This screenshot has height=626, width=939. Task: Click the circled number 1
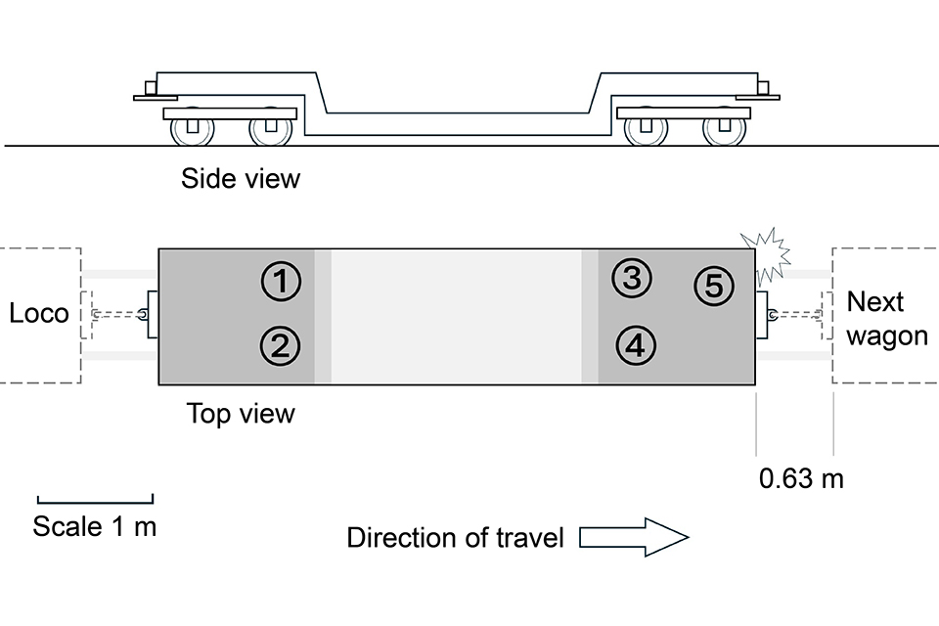coord(280,283)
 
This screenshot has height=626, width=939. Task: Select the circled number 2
coord(280,345)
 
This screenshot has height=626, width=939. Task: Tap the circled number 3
coord(632,279)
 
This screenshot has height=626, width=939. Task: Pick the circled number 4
coord(636,344)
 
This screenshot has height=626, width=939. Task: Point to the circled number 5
coord(713,286)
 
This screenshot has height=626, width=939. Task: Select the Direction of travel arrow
coord(635,538)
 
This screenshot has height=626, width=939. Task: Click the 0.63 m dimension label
coord(801,479)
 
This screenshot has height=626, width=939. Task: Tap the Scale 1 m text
coord(95,526)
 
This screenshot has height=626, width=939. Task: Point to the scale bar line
coord(95,499)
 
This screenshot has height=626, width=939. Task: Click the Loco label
coord(39,313)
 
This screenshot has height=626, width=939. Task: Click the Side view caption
coord(241,179)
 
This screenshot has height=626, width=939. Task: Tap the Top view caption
coord(241,413)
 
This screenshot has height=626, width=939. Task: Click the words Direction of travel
coord(455,538)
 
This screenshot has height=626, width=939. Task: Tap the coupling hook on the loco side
coord(143,314)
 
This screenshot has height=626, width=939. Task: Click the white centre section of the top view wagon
coord(456,316)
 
